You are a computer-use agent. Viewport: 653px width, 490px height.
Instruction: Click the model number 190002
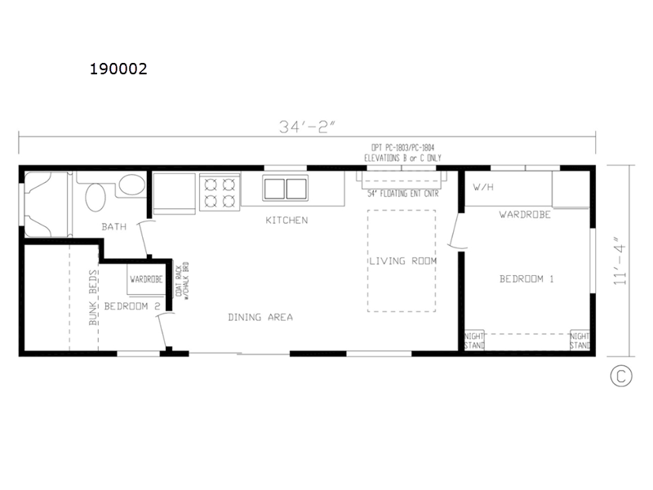click(118, 69)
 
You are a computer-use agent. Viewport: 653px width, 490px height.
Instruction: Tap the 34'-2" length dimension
click(307, 127)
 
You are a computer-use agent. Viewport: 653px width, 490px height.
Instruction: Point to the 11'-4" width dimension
click(620, 261)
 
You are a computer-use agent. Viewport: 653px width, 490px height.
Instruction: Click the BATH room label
click(114, 227)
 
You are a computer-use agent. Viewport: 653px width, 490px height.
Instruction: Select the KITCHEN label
click(287, 220)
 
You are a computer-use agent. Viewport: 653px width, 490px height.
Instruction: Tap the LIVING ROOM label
click(403, 261)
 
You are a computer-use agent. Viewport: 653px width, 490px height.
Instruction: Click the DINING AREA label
click(260, 318)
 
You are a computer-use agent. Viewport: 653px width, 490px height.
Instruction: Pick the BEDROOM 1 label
click(526, 278)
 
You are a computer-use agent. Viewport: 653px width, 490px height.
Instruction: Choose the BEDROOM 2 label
click(132, 306)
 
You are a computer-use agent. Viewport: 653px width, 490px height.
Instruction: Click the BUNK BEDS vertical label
click(93, 297)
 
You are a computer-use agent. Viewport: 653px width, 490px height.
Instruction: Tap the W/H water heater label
click(483, 187)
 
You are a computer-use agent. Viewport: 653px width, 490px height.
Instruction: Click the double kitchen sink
click(286, 189)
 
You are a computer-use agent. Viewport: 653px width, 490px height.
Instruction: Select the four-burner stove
click(220, 193)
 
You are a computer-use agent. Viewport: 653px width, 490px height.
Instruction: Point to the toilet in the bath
click(131, 185)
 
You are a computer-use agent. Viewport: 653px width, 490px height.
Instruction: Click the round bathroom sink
click(96, 198)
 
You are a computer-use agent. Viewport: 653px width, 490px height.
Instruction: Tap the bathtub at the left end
click(46, 204)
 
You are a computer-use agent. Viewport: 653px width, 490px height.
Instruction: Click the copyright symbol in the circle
click(621, 376)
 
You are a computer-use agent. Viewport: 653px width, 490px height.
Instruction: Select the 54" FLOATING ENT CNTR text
click(403, 194)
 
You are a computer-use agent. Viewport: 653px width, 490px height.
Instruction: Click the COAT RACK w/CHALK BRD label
click(182, 280)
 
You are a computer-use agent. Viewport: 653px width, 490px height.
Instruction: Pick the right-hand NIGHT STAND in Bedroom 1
click(580, 341)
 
